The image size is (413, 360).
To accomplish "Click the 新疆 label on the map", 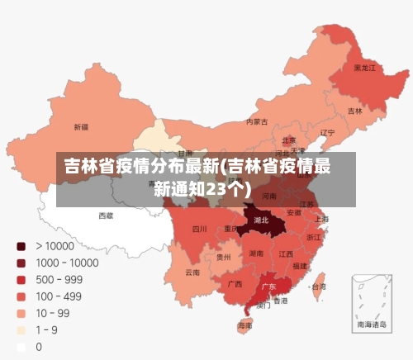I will pos(81,127).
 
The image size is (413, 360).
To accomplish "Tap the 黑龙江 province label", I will pos(364,68).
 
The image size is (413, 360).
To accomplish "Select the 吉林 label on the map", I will pos(354,111).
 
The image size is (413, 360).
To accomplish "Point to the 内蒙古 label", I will pos(257,122).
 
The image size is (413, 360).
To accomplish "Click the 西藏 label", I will pos(107,216).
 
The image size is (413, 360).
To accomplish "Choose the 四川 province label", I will pos(200,229).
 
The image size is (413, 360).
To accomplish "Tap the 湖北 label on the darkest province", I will pos(262,220).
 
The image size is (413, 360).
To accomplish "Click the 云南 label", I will pos(192,272).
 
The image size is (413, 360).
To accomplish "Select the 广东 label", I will pos(268,287).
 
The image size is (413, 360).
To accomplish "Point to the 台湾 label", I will pos(317,287).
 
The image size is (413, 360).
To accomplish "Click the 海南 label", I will pos(245,326).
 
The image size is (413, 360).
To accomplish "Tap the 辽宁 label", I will pos(327,132).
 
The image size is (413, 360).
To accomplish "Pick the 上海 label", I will pos(321,219).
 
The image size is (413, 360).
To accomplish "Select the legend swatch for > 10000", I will pos(21,245).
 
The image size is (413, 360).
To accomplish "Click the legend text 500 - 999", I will pos(59,279).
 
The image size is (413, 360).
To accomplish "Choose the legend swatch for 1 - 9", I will pos(21,330).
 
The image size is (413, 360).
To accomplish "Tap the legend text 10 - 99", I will pos(52,313).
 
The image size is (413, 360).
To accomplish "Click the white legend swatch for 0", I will pos(21,347).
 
